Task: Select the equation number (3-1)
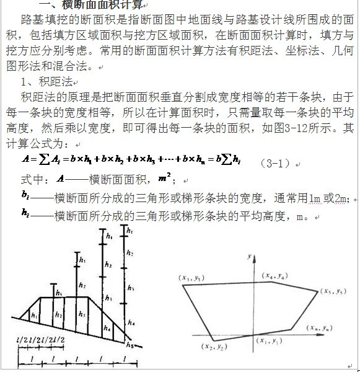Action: tap(274, 164)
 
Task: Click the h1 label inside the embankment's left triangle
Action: tap(34, 316)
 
